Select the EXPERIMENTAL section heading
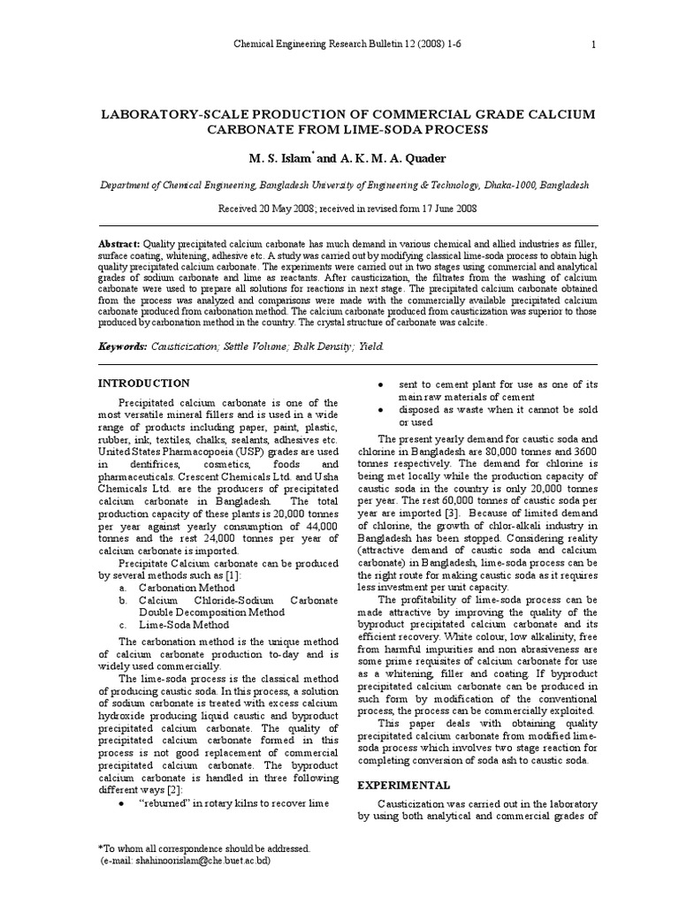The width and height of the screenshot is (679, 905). click(403, 785)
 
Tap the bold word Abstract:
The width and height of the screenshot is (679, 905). click(118, 242)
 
